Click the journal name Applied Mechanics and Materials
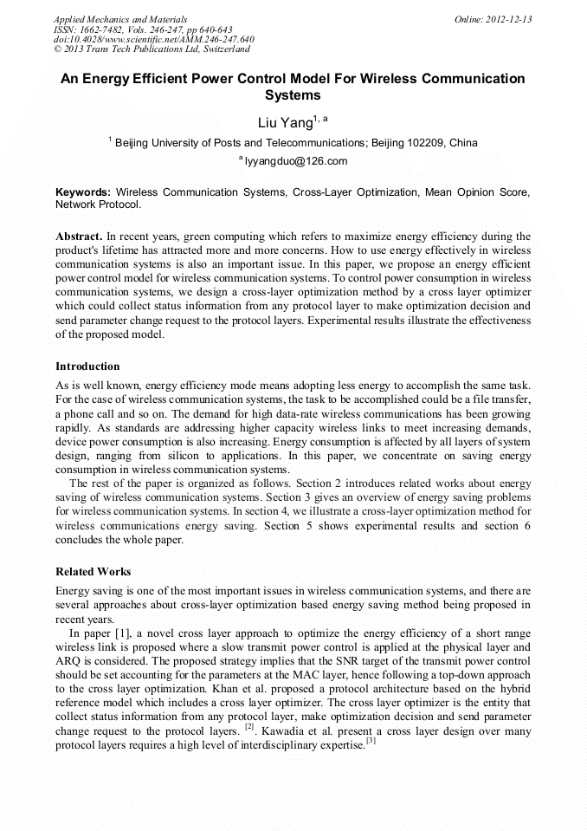click(x=119, y=19)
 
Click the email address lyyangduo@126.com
click(x=296, y=161)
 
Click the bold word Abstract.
click(x=79, y=237)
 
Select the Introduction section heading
click(x=87, y=367)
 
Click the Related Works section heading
click(x=94, y=572)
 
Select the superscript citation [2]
click(x=249, y=727)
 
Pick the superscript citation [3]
click(x=371, y=740)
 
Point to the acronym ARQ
click(x=67, y=660)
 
